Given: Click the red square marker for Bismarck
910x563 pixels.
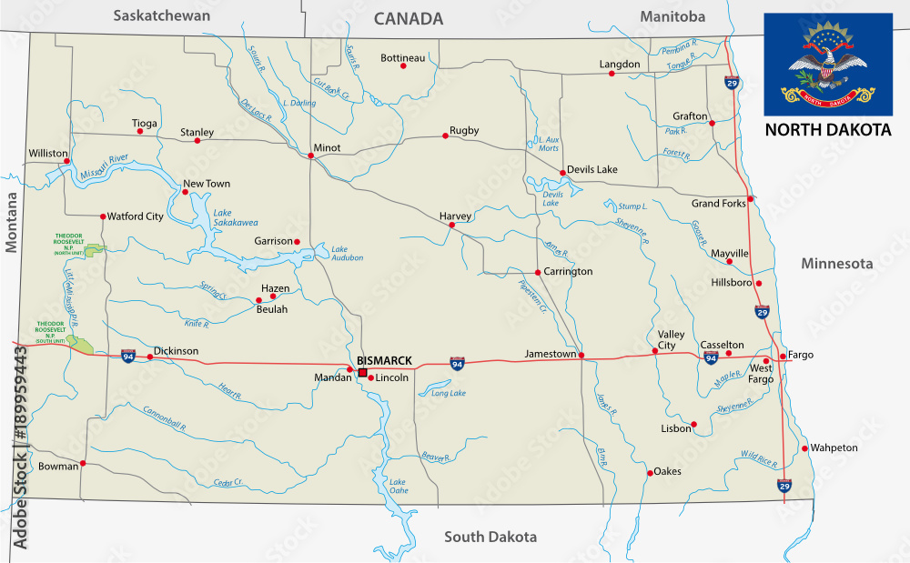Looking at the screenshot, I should (362, 373).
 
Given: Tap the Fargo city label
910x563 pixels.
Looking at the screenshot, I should (801, 355).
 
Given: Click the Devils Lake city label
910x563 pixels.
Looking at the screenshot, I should (591, 170).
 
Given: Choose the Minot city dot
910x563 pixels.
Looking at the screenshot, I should (311, 156).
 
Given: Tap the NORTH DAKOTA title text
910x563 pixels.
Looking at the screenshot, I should (827, 130).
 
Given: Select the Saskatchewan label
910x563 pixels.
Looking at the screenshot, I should (161, 15).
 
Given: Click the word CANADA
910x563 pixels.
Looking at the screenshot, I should (409, 18).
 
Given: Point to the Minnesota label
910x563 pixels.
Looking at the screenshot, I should (836, 264).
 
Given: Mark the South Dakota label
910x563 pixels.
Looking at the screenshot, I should (490, 537).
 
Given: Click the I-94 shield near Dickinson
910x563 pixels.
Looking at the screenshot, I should (128, 357).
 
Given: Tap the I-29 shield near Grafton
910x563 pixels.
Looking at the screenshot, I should (732, 84).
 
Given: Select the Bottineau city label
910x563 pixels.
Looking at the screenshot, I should (402, 58).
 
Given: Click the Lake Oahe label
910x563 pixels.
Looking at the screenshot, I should (398, 486).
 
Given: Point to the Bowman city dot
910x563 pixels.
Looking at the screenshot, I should (83, 464).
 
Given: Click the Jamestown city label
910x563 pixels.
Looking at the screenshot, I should (551, 354).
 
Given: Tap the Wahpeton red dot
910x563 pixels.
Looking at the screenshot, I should (805, 448).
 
